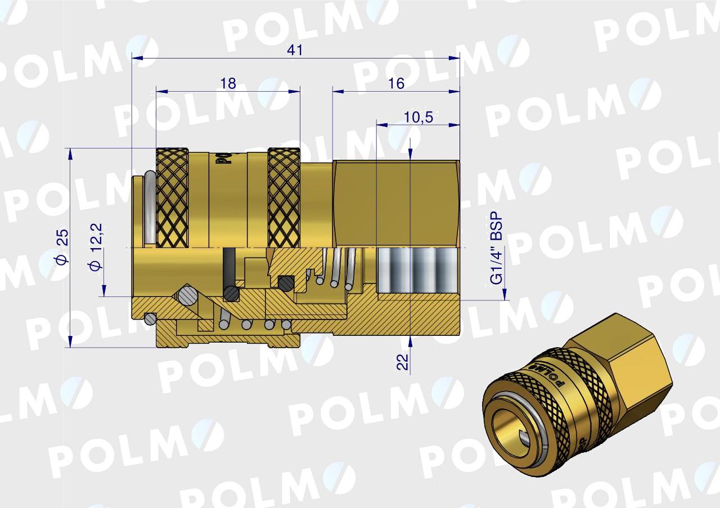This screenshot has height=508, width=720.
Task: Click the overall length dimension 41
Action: click(x=295, y=50)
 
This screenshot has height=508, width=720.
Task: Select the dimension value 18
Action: click(x=228, y=83)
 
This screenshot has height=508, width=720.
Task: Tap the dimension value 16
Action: click(x=396, y=83)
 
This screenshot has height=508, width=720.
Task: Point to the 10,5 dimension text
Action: click(x=418, y=117)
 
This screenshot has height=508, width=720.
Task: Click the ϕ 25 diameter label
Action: click(x=62, y=246)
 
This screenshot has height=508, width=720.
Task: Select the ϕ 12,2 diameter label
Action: click(x=96, y=246)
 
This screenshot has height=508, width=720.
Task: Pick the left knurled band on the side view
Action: click(x=172, y=198)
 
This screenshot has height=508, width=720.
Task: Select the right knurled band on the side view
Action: click(x=284, y=198)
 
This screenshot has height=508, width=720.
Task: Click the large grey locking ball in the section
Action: click(x=186, y=295)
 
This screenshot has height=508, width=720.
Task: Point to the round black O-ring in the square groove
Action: click(x=287, y=282)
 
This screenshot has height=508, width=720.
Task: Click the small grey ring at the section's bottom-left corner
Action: click(x=150, y=319)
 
